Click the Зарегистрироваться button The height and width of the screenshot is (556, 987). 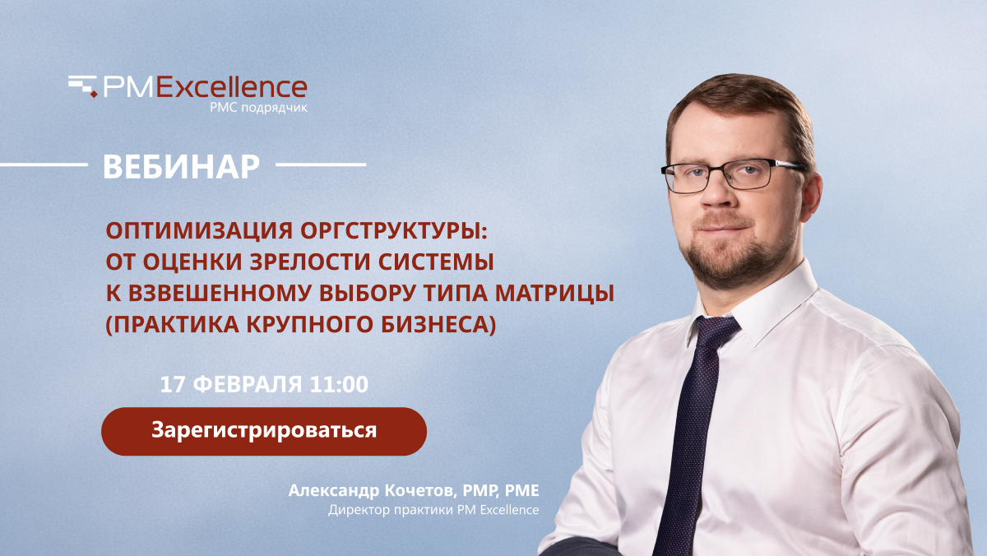pyautogui.click(x=263, y=431)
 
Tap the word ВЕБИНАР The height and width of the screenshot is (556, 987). pyautogui.click(x=181, y=166)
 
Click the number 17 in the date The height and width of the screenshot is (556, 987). pyautogui.click(x=172, y=384)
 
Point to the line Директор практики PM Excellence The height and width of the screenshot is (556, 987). pyautogui.click(x=433, y=510)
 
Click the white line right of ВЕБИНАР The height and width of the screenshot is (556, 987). pyautogui.click(x=321, y=165)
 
